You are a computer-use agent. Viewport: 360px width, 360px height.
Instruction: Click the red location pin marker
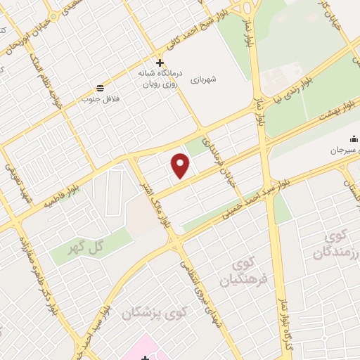[181, 166]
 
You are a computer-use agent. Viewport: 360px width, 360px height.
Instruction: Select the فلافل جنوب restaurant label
[101, 98]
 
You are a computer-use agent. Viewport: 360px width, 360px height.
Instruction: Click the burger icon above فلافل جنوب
[101, 89]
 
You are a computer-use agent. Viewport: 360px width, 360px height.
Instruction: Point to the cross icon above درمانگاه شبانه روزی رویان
[160, 63]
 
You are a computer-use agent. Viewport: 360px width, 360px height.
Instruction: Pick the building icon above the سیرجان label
[354, 139]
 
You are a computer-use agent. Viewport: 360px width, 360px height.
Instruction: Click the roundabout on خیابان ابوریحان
[53, 15]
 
